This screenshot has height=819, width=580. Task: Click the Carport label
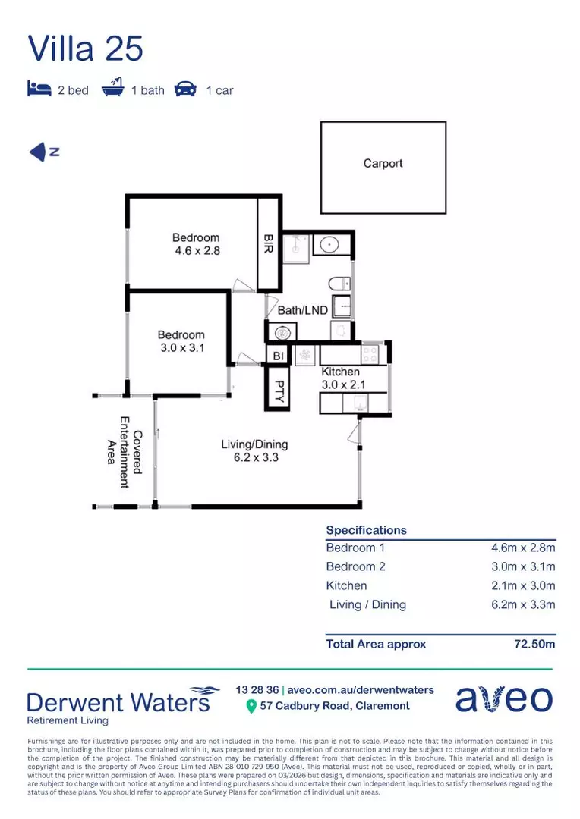[x=383, y=163]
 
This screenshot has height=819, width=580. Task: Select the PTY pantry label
[x=278, y=388]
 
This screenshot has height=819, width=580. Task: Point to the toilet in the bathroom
[x=339, y=284]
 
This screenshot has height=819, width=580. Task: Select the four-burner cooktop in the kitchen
[x=370, y=353]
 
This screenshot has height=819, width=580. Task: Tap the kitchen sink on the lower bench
[x=350, y=403]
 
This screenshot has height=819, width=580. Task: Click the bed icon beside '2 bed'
[x=39, y=89]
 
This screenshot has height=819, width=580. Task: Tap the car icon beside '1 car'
[x=185, y=89]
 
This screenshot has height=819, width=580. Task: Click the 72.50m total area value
[x=534, y=644]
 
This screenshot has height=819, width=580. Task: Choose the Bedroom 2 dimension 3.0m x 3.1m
[x=523, y=566]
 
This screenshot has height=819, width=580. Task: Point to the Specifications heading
[x=366, y=530]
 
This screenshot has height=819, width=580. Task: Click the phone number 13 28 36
[x=257, y=689]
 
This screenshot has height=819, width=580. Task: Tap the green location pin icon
[x=251, y=707]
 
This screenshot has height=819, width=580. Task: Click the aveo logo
[x=503, y=698]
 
